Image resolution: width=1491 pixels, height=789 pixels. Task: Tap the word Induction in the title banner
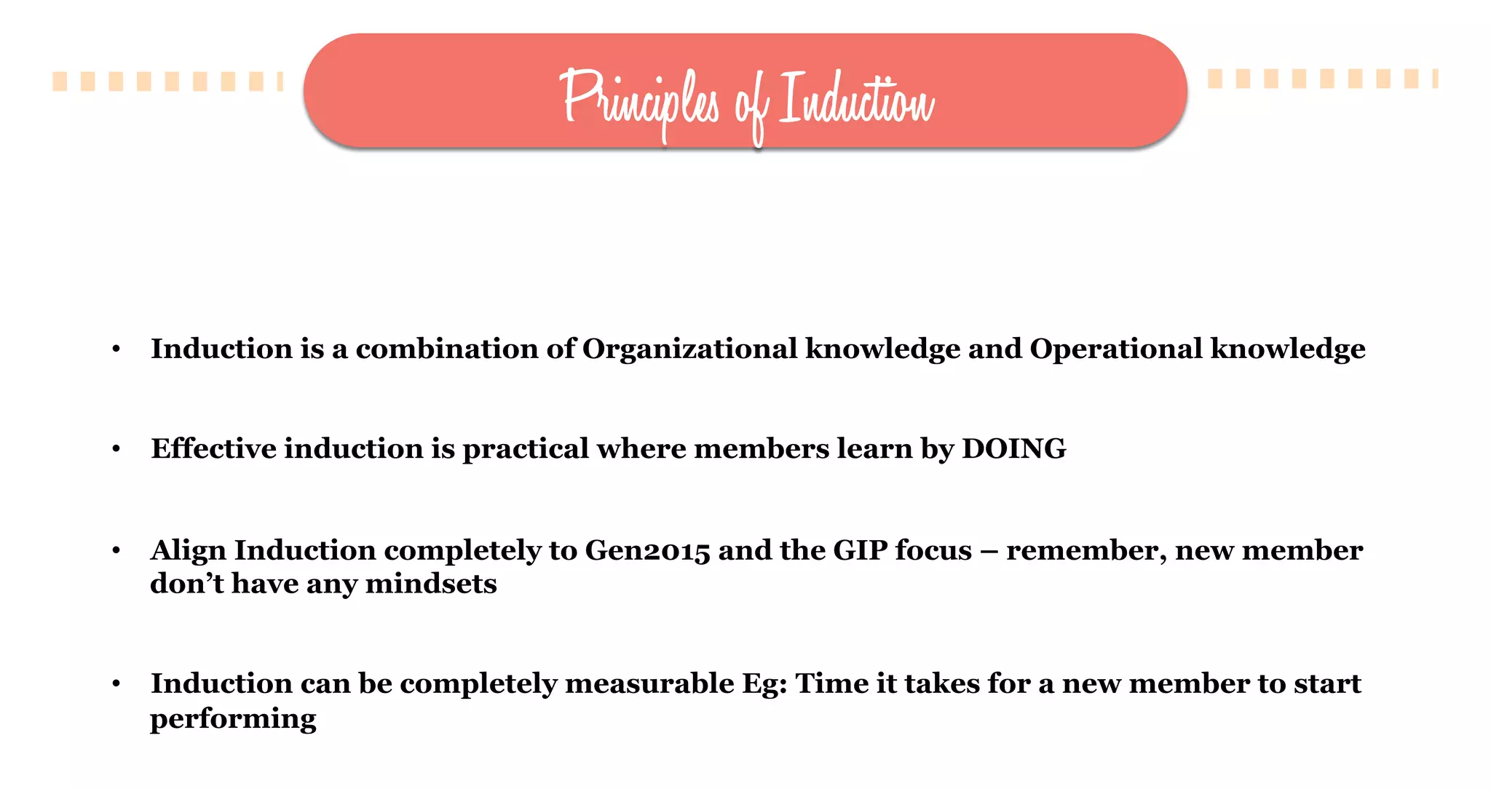pyautogui.click(x=856, y=98)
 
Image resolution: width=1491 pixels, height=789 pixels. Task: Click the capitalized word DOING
pyautogui.click(x=1013, y=448)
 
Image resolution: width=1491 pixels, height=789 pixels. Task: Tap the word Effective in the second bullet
pyautogui.click(x=213, y=448)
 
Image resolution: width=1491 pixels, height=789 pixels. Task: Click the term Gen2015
pyautogui.click(x=647, y=550)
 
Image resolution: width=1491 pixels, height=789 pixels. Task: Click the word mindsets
pyautogui.click(x=431, y=584)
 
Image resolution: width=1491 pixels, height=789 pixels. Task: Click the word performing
pyautogui.click(x=233, y=719)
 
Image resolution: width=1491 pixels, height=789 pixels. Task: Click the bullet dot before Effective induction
pyautogui.click(x=116, y=450)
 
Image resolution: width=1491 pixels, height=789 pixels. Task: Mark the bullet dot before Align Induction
pyautogui.click(x=116, y=551)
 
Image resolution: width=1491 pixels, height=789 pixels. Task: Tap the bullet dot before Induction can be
pyautogui.click(x=116, y=684)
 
